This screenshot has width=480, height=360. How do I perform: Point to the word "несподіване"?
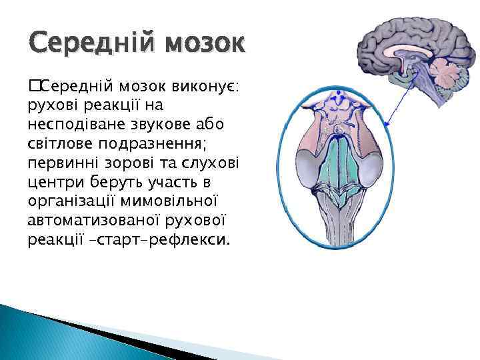tap(68, 125)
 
